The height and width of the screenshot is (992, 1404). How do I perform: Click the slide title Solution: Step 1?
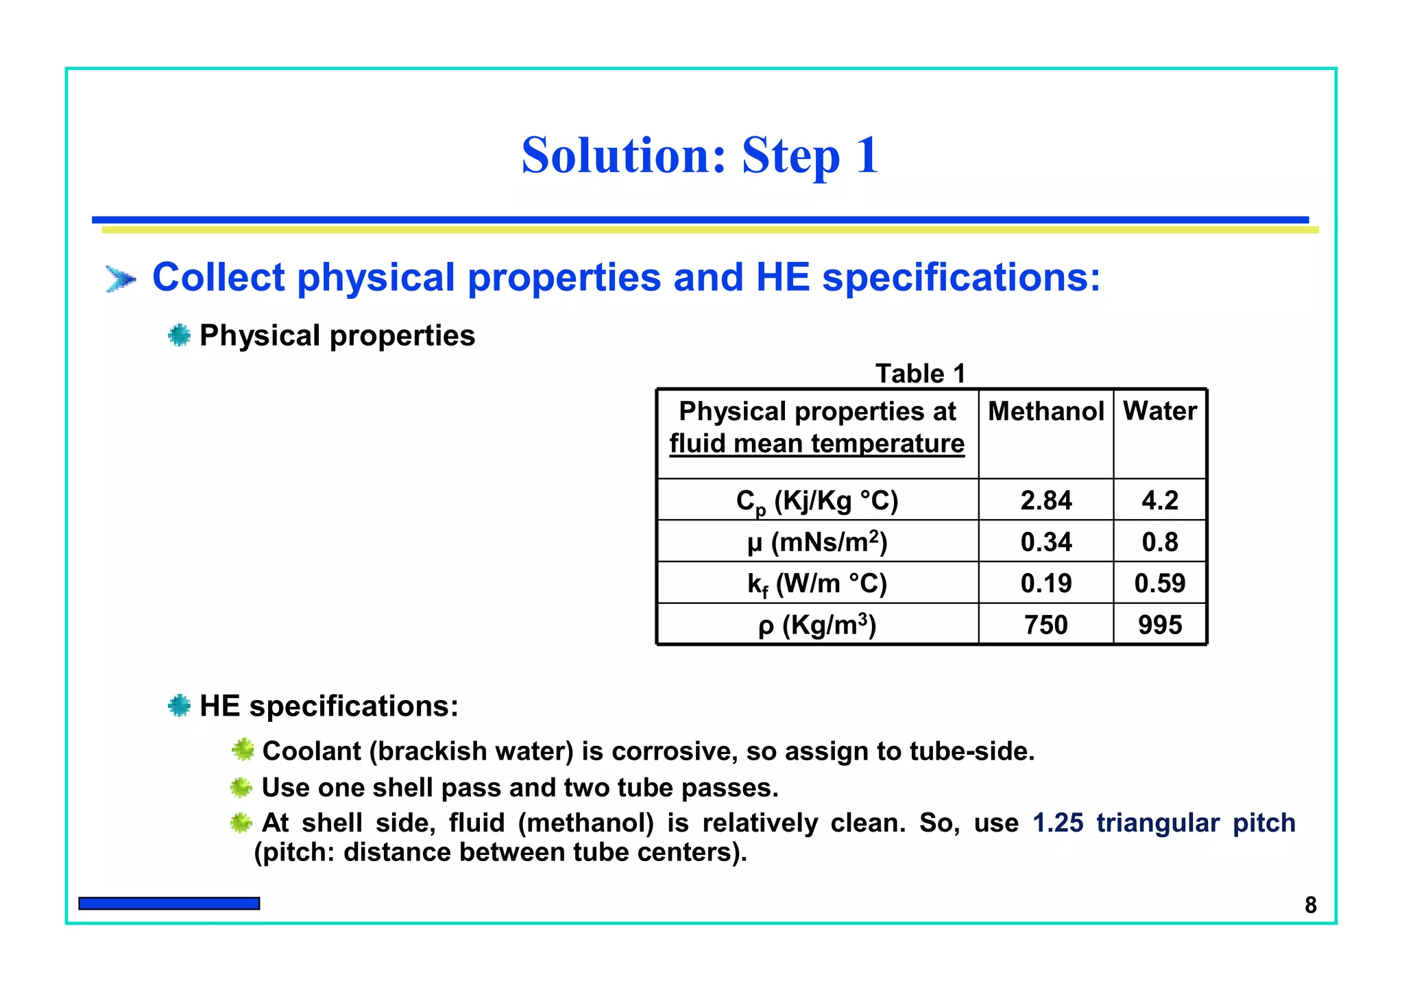pos(699,156)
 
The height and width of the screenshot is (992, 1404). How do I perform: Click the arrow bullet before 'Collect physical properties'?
pos(121,279)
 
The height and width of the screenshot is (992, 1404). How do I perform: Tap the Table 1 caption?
pos(920,374)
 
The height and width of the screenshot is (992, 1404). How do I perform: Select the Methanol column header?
pos(1045,411)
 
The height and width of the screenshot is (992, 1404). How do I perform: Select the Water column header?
pos(1159,411)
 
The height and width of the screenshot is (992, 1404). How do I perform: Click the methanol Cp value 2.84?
pos(1045,500)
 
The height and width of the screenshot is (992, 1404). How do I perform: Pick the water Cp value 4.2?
pos(1159,500)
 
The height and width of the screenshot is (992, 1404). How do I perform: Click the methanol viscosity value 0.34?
pos(1045,542)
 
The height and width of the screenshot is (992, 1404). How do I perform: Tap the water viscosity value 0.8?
pos(1159,542)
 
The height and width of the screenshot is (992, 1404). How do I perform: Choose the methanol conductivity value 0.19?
pos(1045,583)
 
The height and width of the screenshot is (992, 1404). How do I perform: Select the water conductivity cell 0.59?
pos(1159,583)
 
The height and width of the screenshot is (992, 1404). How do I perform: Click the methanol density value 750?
pos(1045,625)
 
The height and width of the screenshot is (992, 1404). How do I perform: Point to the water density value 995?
pos(1159,625)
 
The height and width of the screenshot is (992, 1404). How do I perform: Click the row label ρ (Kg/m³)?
pos(816,625)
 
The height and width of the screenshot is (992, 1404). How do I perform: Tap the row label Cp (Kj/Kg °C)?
pos(816,501)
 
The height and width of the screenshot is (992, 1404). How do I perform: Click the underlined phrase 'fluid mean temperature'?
pos(816,444)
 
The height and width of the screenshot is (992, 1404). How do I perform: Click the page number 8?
pos(1310,905)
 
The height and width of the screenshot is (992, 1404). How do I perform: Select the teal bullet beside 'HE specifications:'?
pos(179,705)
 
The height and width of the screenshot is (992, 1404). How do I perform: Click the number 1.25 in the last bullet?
pos(1058,823)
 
